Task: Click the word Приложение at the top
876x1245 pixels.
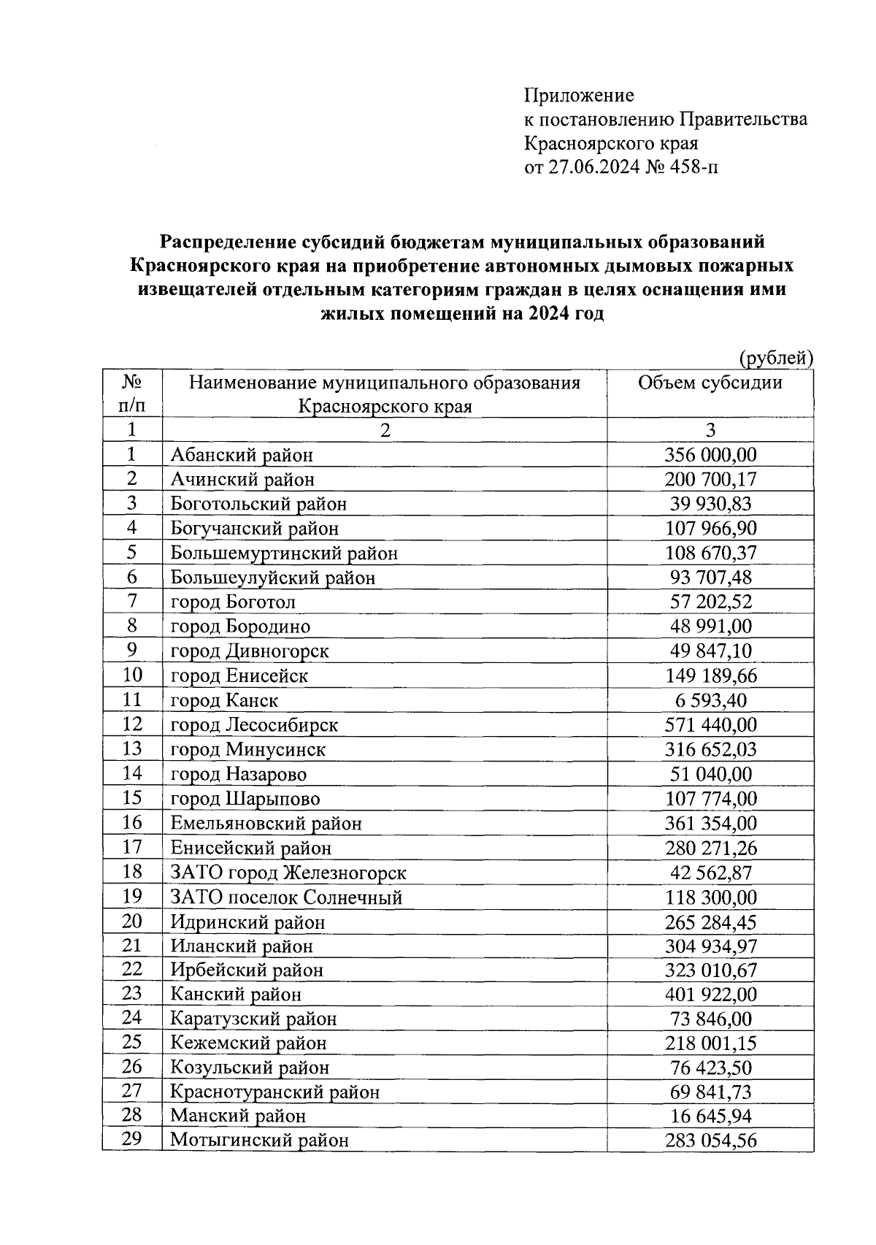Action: tap(579, 96)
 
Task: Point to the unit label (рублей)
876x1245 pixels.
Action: tap(775, 359)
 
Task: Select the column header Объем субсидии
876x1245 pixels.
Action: tap(710, 383)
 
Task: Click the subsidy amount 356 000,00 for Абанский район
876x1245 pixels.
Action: tap(710, 455)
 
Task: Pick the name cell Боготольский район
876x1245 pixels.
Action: tap(258, 504)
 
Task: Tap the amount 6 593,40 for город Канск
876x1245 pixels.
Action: tap(710, 700)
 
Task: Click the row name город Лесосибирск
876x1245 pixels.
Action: tap(254, 725)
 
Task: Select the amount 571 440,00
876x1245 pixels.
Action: tap(710, 725)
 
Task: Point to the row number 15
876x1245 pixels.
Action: tap(131, 798)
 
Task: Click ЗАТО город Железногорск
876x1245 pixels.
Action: tap(288, 873)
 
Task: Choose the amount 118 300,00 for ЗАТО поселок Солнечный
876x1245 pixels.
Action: tap(710, 897)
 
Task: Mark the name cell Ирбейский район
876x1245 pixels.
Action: tap(247, 970)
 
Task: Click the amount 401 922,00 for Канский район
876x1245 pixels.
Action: tap(710, 995)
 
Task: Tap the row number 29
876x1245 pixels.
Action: tap(131, 1138)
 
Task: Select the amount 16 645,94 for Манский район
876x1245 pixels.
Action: tap(710, 1116)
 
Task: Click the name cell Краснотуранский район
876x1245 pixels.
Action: tap(274, 1092)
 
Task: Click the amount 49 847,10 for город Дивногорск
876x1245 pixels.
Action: tap(710, 651)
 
